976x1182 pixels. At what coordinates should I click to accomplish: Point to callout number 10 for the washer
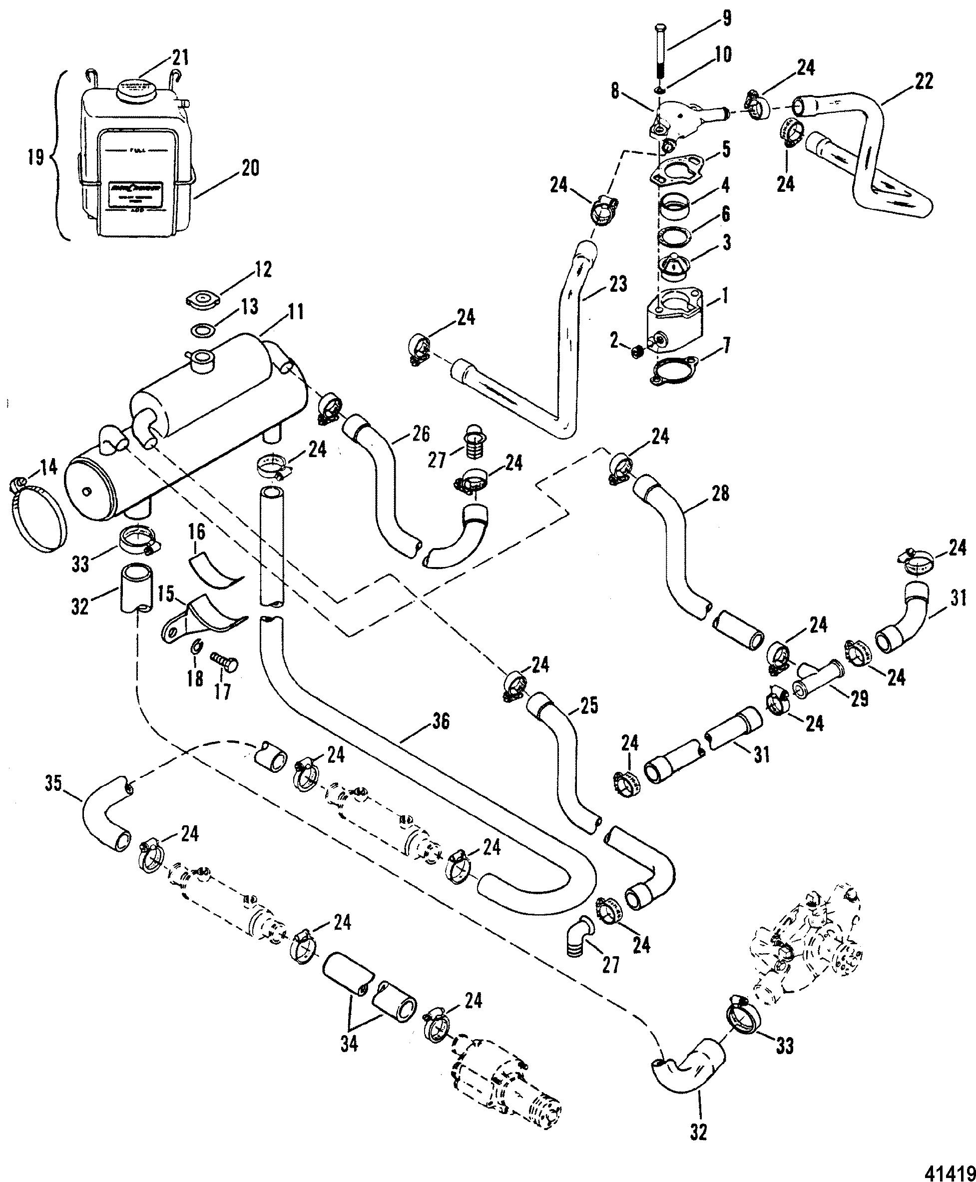[x=723, y=54]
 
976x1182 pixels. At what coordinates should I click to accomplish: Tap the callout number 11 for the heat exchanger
[x=296, y=311]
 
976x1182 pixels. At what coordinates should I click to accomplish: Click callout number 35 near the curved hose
[x=53, y=783]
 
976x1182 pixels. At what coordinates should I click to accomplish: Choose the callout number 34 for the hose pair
[x=349, y=1044]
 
